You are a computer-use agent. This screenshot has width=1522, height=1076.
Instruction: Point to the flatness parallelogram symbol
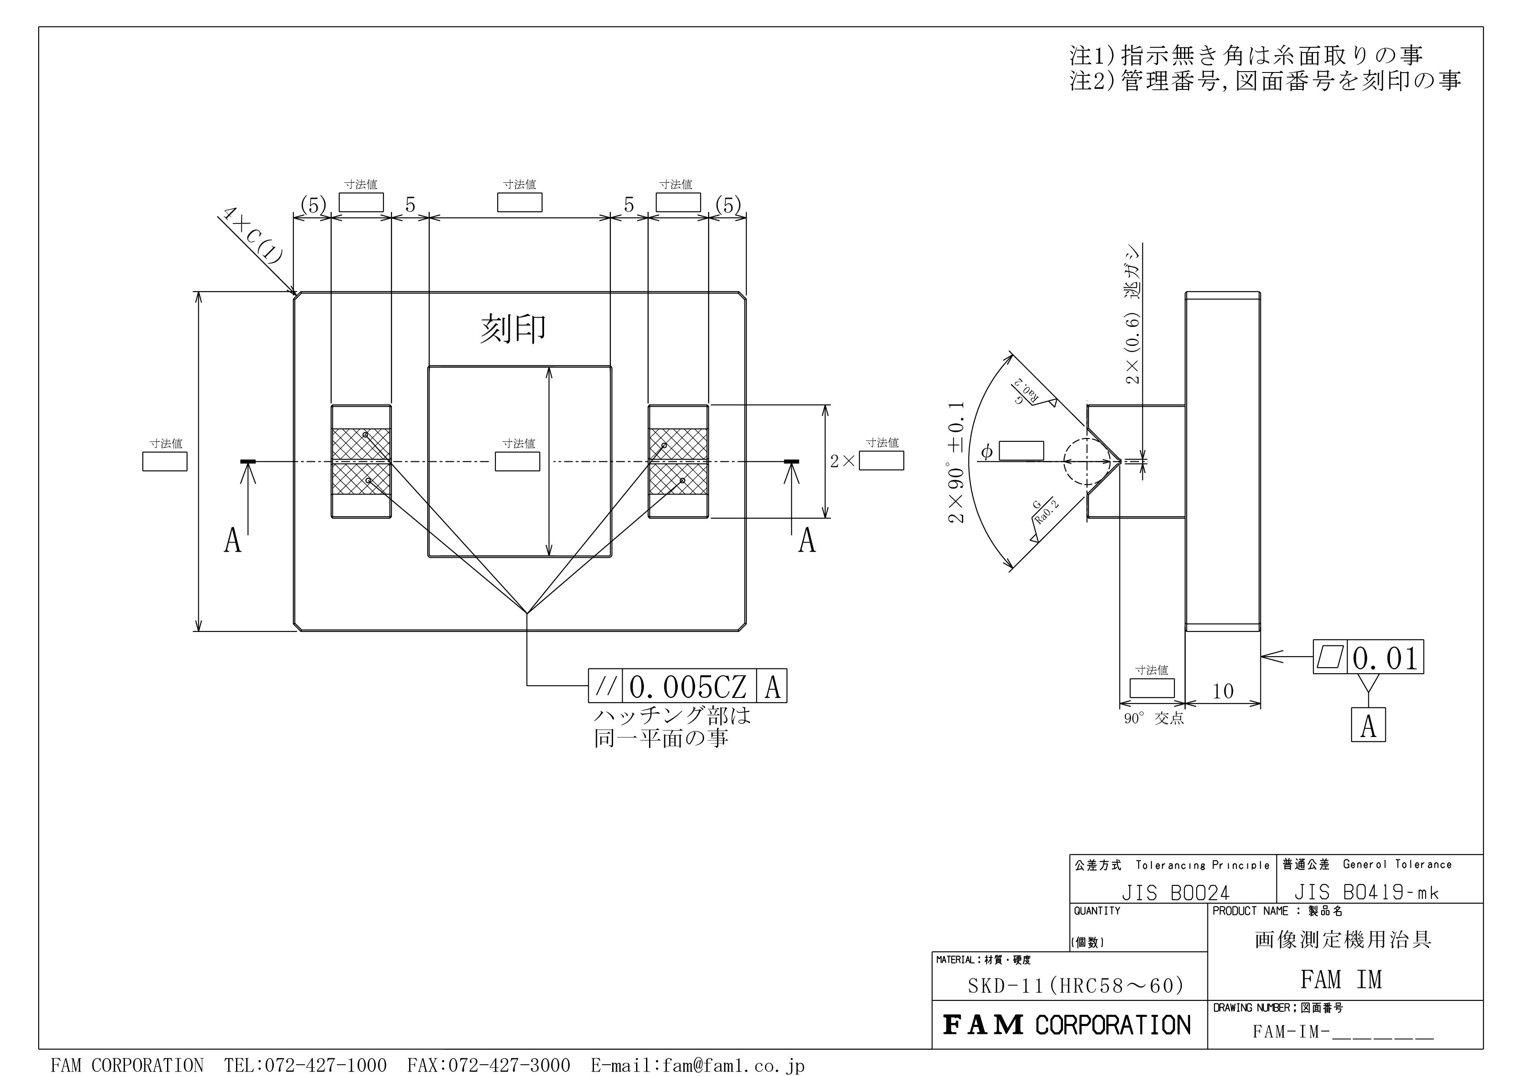click(x=1329, y=657)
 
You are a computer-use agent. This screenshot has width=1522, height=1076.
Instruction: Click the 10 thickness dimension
click(x=1223, y=691)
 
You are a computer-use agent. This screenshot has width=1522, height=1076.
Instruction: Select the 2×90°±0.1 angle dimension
click(x=957, y=463)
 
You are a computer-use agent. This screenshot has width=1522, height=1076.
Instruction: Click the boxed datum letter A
click(x=1368, y=725)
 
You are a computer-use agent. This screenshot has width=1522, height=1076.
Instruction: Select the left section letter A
click(x=233, y=540)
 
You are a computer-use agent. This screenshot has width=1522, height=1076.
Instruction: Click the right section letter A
click(x=807, y=540)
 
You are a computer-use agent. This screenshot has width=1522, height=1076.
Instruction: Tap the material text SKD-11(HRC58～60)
click(x=1075, y=986)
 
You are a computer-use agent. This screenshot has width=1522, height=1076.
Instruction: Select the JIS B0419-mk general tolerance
click(x=1366, y=892)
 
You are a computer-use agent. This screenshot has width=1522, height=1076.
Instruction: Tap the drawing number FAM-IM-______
click(x=1343, y=1032)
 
